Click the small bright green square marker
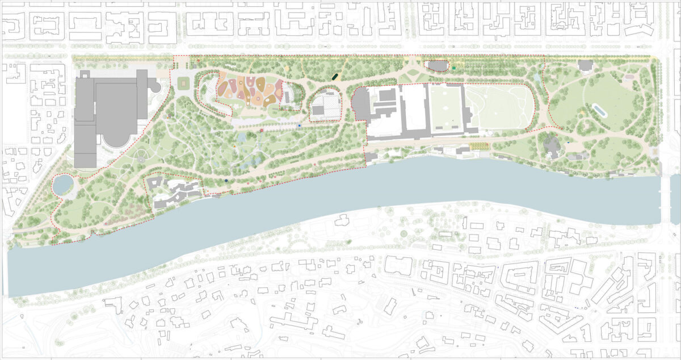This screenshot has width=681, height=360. [x=455, y=68]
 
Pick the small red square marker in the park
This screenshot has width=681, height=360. [x=262, y=130]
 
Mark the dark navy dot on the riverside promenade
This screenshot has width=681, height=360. [x=226, y=181]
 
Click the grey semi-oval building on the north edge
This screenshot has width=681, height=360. [x=436, y=66]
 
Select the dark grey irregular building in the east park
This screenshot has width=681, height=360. [x=551, y=146]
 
